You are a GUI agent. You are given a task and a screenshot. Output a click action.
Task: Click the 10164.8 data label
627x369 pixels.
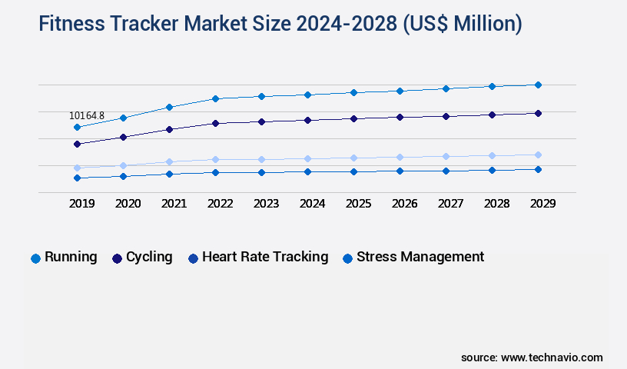(86, 116)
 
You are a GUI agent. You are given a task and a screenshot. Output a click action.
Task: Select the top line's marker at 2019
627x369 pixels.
(77, 127)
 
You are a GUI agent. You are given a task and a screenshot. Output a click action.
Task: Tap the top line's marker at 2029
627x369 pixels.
(538, 85)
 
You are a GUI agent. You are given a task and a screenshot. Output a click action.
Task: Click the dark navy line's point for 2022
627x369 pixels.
(215, 123)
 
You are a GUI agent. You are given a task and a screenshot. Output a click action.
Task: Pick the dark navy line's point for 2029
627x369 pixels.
(538, 113)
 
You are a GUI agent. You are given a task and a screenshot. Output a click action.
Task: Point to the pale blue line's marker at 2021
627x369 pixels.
(169, 161)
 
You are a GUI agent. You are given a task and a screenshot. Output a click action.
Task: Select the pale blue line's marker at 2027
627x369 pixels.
(446, 156)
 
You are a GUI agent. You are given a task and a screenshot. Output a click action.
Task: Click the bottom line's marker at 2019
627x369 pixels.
(77, 178)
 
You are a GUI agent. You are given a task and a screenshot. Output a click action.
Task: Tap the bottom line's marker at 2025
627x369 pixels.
(353, 171)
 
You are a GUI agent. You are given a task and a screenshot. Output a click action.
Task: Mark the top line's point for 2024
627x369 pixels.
(307, 95)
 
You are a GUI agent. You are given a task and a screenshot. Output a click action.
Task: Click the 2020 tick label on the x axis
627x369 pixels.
(128, 204)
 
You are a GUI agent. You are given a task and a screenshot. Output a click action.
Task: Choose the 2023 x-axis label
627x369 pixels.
(266, 204)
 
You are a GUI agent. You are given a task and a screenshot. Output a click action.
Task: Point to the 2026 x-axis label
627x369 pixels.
(404, 204)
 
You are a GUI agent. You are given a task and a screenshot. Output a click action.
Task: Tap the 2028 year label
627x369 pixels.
(496, 204)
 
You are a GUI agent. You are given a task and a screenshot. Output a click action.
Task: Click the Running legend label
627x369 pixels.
(71, 257)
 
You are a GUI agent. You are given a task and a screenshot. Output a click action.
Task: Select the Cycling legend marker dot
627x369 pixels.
(118, 258)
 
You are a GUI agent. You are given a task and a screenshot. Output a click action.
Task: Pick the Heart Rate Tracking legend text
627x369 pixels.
(265, 257)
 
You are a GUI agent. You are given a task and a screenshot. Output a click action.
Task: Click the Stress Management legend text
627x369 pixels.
(420, 257)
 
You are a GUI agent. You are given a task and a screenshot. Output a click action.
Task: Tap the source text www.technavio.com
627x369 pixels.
(552, 357)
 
